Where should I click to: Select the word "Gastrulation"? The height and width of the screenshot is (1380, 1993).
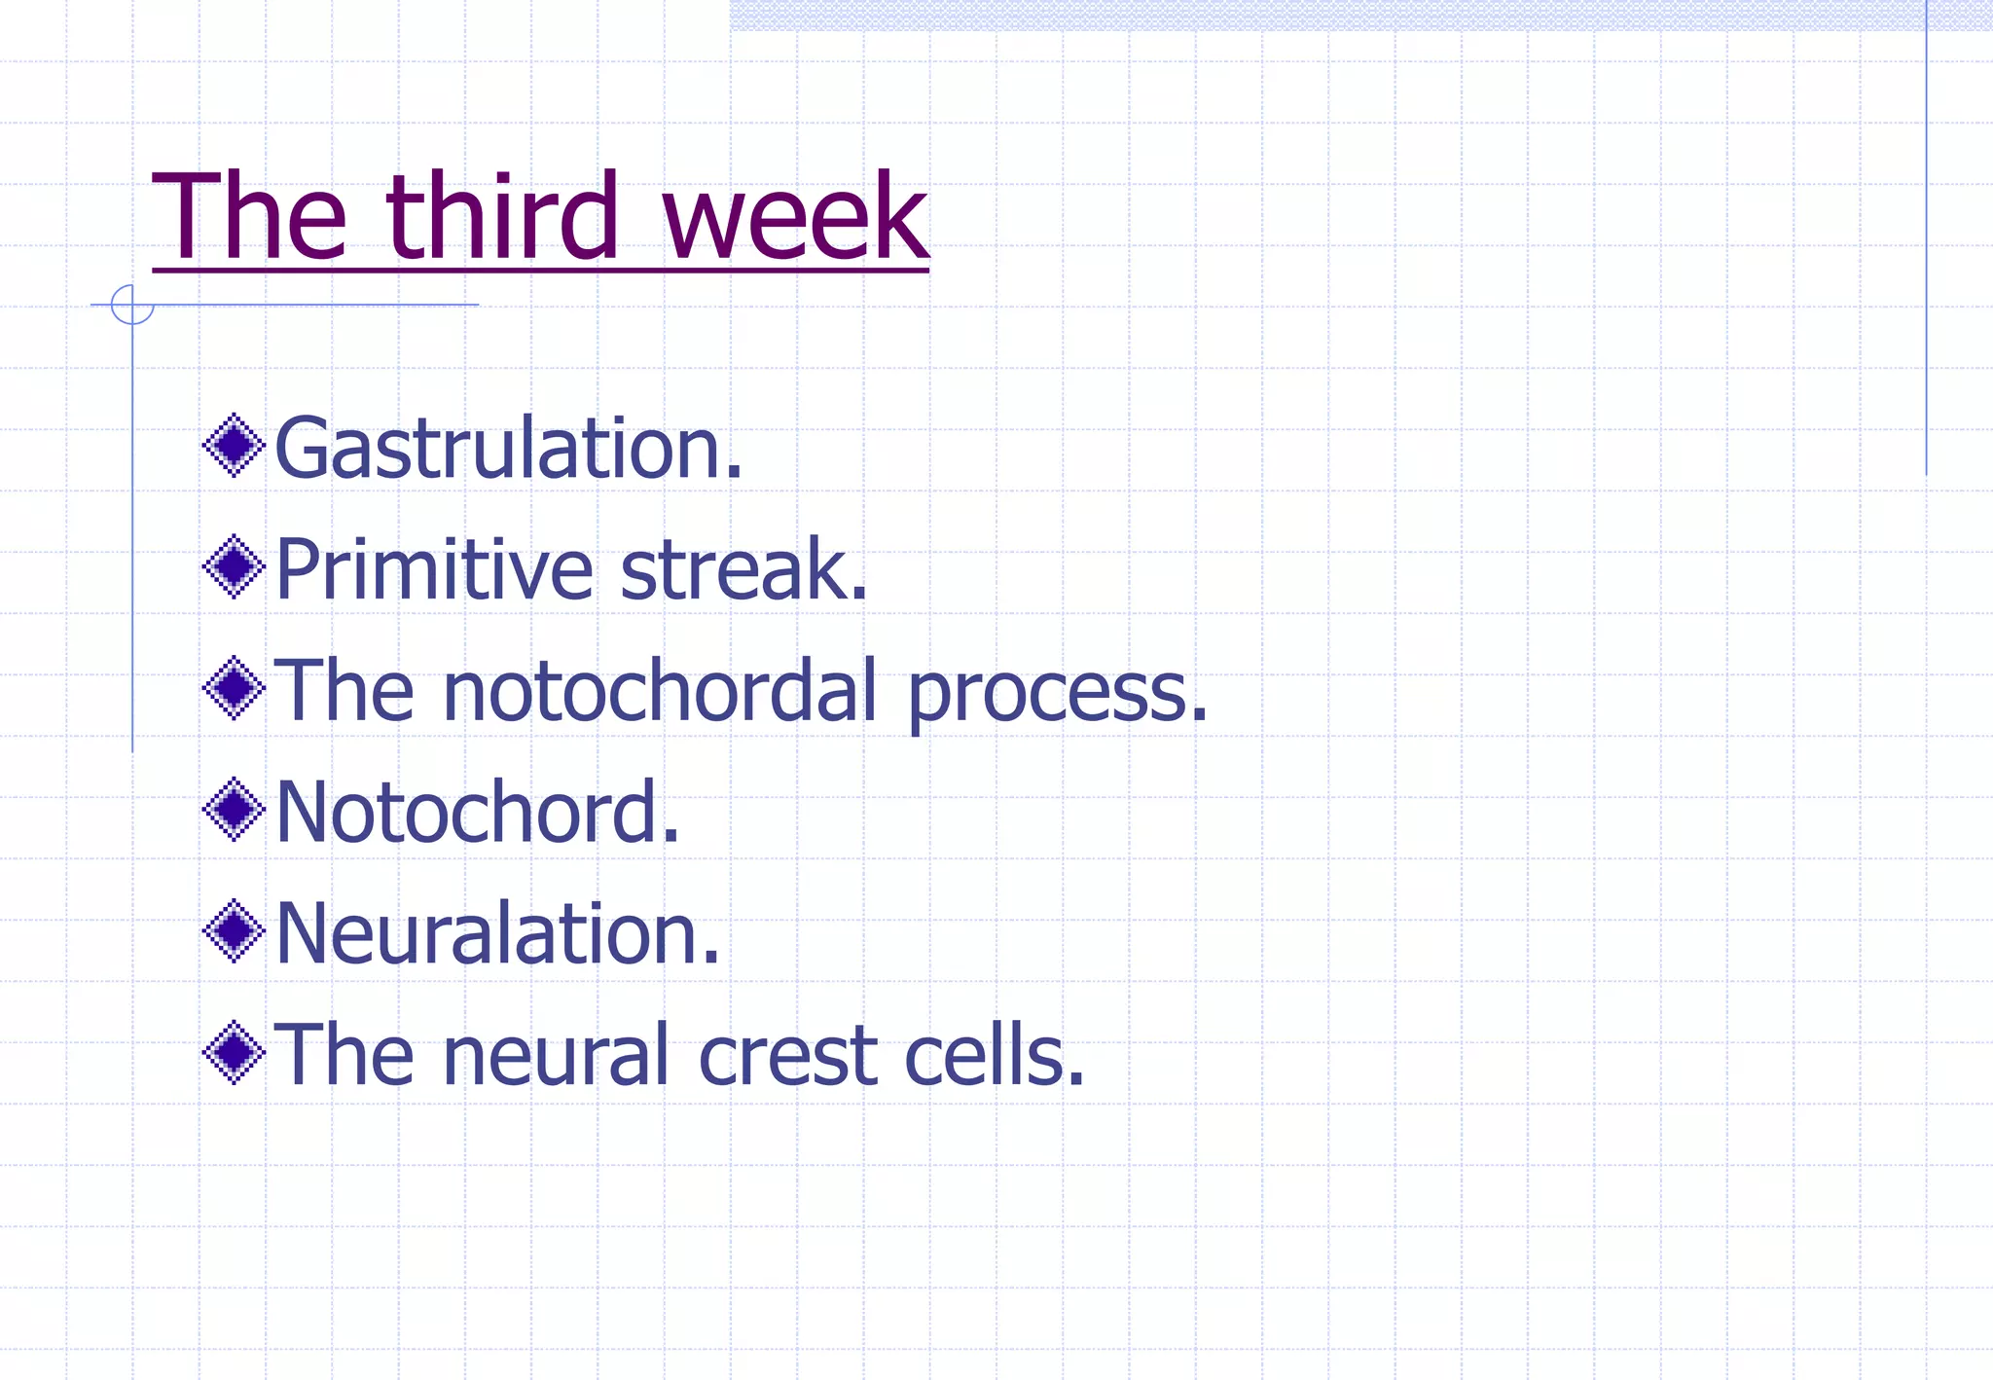pos(508,448)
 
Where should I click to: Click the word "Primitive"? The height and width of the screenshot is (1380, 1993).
pos(434,569)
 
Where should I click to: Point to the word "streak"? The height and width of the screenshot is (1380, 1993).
pos(743,569)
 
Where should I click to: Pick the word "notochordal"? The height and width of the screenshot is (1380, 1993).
pos(660,691)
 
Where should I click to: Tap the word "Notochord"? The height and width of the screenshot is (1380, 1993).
pos(477,812)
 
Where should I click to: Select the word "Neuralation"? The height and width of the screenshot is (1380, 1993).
pos(497,933)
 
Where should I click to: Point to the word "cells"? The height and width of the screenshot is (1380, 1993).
pos(993,1055)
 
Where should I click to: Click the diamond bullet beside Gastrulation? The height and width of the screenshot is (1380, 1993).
pos(234,446)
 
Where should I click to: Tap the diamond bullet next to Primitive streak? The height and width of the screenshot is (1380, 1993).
pos(234,566)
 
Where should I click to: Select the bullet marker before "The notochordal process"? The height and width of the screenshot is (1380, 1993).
pos(234,688)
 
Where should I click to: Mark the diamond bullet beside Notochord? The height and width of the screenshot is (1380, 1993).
pos(234,810)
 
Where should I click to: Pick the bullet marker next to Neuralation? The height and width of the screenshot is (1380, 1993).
pos(234,931)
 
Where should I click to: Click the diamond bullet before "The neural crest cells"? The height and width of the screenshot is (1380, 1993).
pos(234,1052)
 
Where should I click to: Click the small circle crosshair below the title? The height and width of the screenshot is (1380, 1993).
pos(132,305)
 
